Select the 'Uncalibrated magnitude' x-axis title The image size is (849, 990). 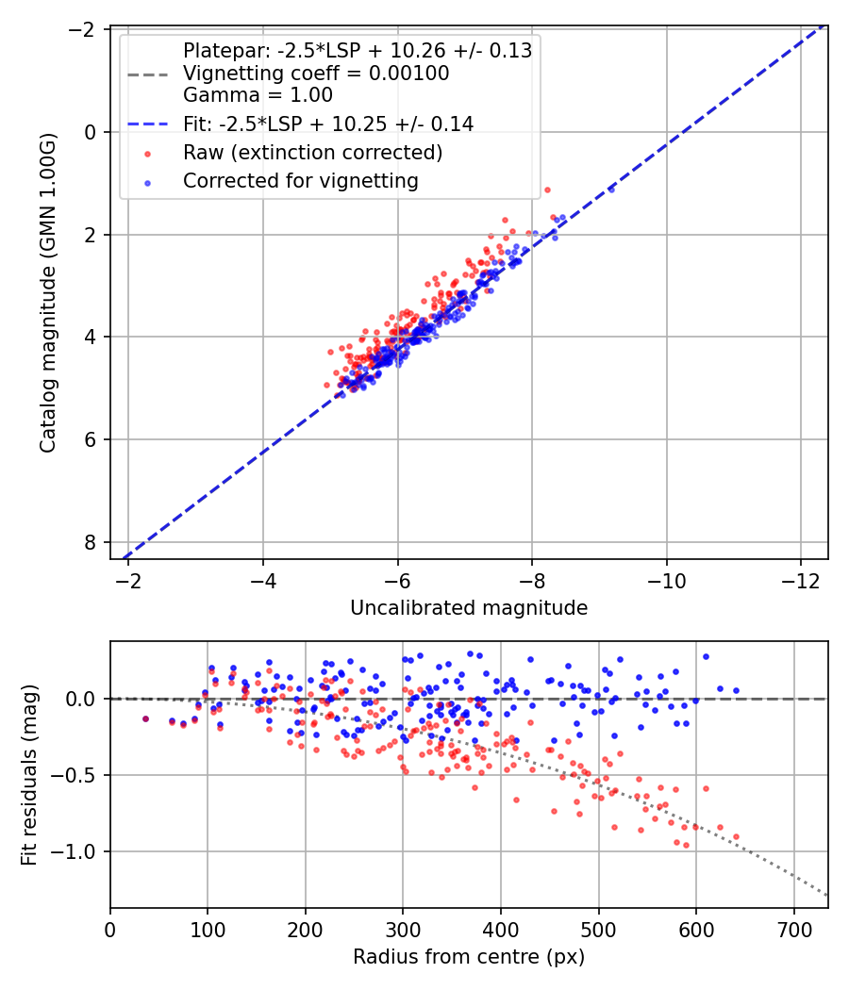click(x=469, y=608)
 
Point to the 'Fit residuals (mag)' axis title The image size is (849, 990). click(x=29, y=772)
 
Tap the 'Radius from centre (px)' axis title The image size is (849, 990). click(x=469, y=957)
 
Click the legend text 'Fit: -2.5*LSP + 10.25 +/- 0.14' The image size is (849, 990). click(x=328, y=124)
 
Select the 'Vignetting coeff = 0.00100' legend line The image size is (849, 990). click(x=316, y=74)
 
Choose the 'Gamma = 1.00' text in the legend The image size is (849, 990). click(x=258, y=95)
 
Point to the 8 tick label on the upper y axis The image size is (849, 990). click(x=91, y=542)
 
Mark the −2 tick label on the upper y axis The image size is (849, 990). click(x=83, y=29)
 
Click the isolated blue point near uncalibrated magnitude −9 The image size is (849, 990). click(x=610, y=190)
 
